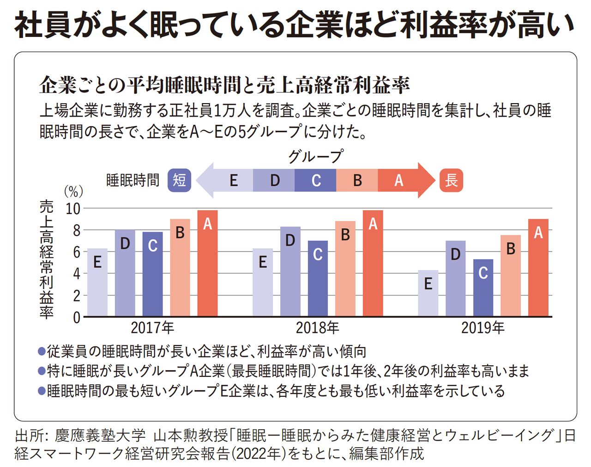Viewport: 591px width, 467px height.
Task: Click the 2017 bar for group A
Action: coord(207,264)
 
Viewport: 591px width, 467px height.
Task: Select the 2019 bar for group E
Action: coord(428,293)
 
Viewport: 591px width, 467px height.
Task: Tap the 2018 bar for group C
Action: coord(318,278)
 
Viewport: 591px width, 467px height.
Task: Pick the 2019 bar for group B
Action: coord(511,276)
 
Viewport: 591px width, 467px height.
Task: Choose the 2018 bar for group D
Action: coord(290,271)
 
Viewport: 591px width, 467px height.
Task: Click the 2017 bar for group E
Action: coord(97,282)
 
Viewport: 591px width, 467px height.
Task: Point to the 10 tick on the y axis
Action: coord(73,209)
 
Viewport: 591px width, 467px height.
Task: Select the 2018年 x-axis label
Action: coord(317,328)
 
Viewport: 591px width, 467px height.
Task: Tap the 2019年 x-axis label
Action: coord(482,328)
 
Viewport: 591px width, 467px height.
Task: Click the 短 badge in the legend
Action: coord(179,180)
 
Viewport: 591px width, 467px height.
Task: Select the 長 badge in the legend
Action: coord(451,180)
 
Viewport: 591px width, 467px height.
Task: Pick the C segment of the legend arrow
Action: coord(316,180)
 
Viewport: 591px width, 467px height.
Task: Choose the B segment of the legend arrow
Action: coord(357,180)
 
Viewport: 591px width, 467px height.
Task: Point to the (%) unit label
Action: coord(73,191)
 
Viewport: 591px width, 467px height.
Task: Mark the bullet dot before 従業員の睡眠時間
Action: coord(42,351)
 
